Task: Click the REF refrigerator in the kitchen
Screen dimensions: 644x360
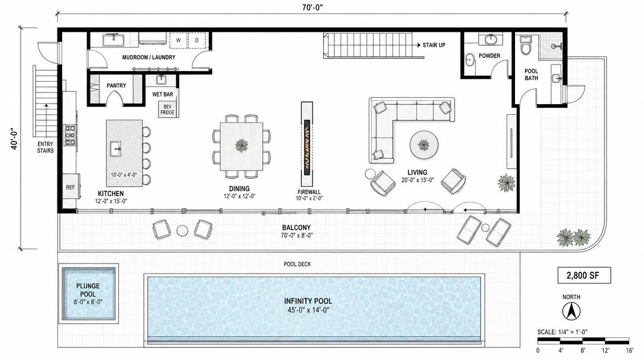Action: tap(70, 187)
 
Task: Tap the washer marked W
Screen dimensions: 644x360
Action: tap(178, 40)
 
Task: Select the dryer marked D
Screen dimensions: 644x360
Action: tap(197, 40)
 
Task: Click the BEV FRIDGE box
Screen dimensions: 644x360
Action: tap(167, 110)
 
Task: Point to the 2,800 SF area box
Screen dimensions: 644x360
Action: tap(584, 275)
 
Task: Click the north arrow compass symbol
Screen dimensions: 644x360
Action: tap(571, 311)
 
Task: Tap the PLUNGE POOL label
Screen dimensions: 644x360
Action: tap(88, 290)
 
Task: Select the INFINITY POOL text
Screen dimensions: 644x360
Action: tap(308, 301)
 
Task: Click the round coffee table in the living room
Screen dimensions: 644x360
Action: tap(424, 145)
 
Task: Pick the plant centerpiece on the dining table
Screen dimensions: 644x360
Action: tap(241, 144)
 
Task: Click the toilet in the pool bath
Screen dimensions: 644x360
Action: tap(526, 45)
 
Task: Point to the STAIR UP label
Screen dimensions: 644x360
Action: tap(434, 45)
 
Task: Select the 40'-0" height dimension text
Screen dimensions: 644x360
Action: tap(14, 140)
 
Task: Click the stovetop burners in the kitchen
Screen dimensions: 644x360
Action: tap(70, 135)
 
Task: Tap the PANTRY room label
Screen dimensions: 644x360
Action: tap(116, 85)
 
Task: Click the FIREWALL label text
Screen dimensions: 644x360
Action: tap(309, 192)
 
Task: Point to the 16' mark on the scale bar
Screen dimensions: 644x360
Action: tap(630, 351)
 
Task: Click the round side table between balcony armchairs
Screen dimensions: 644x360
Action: tap(182, 231)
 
